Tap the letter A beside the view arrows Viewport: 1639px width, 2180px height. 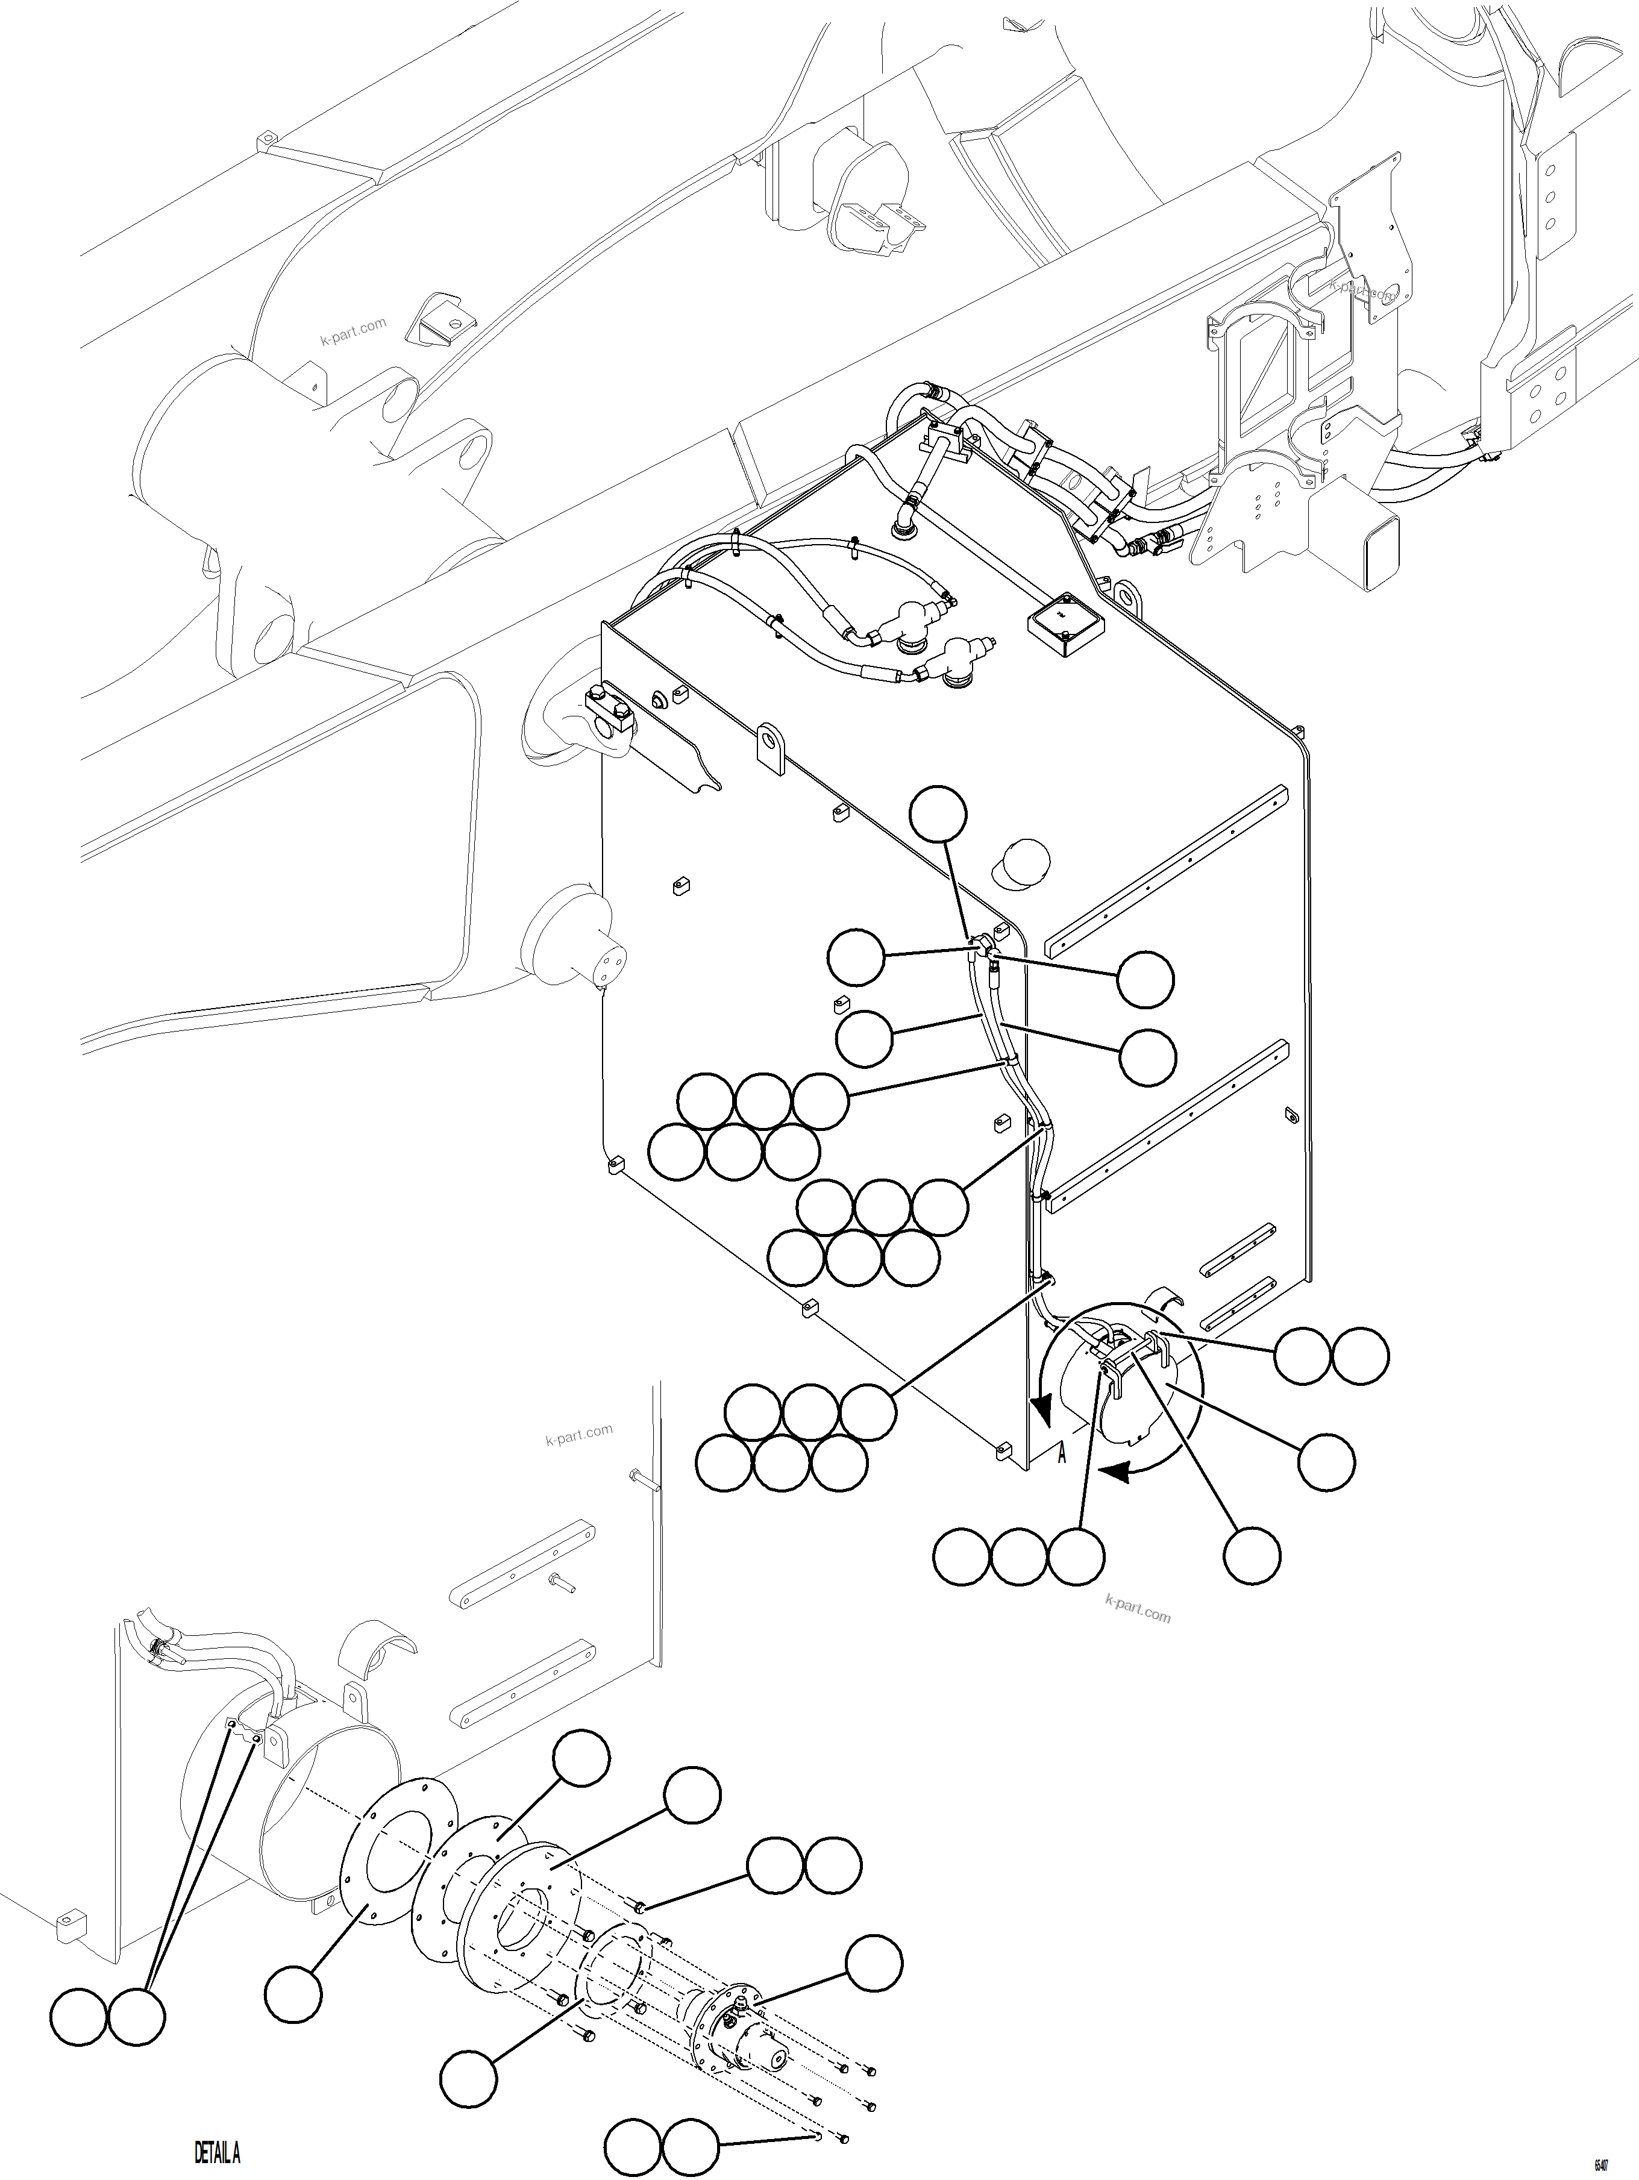(1062, 1455)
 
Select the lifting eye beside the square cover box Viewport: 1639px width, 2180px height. (1126, 595)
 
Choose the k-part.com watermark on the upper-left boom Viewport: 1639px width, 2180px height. (353, 331)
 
